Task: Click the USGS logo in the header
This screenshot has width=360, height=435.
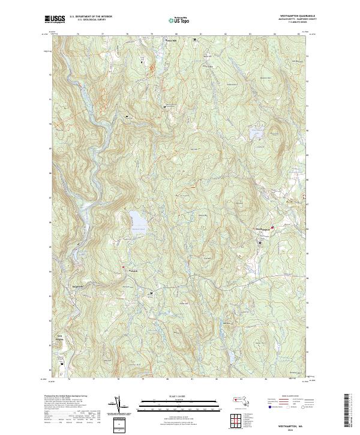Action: [54, 20]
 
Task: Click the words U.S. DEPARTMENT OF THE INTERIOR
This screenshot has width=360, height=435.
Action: [91, 17]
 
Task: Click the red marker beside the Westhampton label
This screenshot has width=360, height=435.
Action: [272, 227]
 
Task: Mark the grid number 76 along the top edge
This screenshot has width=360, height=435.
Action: [79, 35]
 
